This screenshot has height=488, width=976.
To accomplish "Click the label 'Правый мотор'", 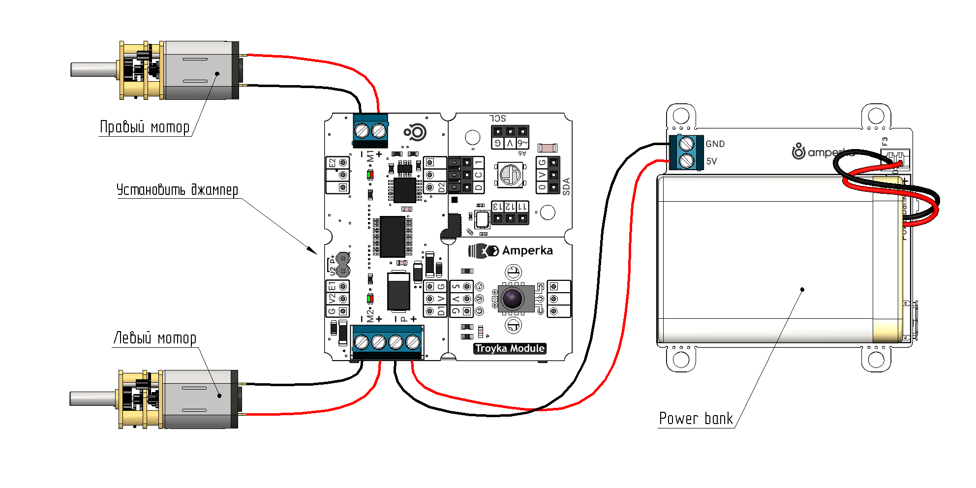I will click(x=145, y=127).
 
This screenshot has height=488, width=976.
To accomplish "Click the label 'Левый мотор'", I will click(x=155, y=338).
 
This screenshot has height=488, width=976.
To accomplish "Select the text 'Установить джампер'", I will click(x=177, y=190).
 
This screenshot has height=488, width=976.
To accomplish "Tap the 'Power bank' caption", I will click(x=696, y=419).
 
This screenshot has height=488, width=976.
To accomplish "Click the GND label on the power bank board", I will click(x=715, y=144).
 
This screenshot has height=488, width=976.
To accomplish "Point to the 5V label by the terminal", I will click(x=711, y=161).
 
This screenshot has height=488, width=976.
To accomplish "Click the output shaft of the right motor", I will click(x=93, y=69).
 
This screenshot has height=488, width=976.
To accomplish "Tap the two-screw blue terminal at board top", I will click(x=370, y=130).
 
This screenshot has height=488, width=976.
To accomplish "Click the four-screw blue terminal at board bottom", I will click(x=387, y=341).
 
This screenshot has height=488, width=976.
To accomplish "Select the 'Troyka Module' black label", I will click(x=510, y=349).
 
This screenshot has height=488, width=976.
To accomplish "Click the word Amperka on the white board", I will click(x=527, y=251).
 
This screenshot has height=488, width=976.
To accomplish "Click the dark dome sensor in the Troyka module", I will click(x=512, y=298).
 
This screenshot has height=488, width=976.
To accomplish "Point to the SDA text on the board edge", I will click(x=566, y=187).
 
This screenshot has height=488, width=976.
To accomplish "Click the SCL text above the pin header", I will click(x=498, y=119).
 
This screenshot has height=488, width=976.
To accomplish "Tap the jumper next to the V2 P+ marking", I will click(x=343, y=264).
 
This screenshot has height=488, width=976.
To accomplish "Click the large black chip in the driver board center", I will click(x=392, y=237).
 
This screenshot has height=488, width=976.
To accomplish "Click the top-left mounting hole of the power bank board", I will click(x=681, y=116).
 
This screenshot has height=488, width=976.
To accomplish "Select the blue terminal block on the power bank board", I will click(x=686, y=152).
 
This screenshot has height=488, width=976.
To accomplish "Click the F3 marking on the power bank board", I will click(x=885, y=141).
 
